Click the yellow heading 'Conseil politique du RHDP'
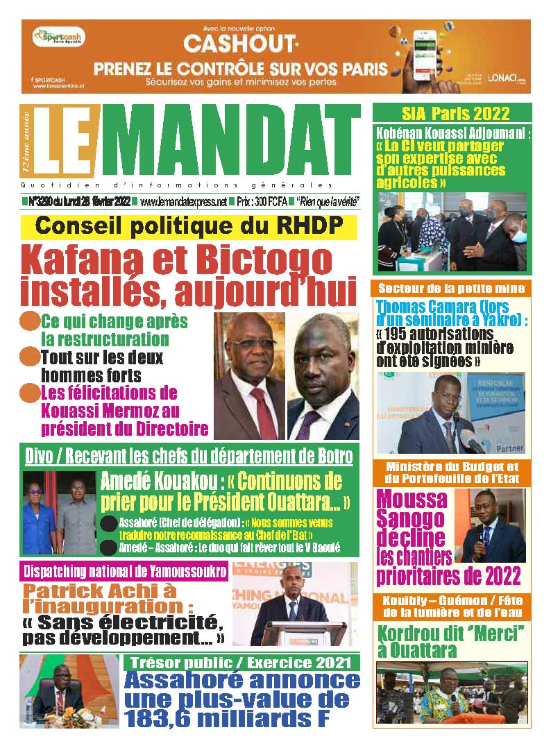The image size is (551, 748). tap(189, 227)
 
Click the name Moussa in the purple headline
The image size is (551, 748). tap(411, 499)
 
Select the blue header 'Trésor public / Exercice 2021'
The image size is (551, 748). tap(241, 663)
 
